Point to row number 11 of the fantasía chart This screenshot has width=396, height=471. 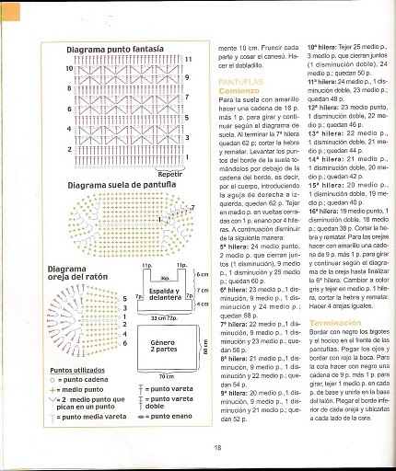click(x=188, y=60)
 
